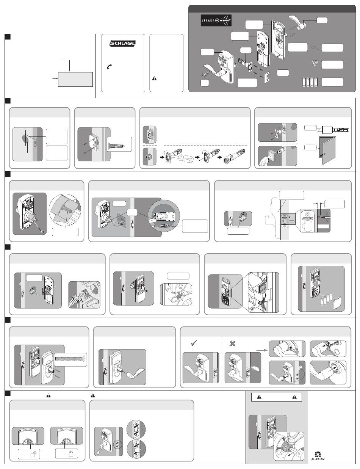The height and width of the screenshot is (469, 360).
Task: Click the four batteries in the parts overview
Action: pyautogui.click(x=309, y=83)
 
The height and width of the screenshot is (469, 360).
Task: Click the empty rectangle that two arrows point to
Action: pyautogui.click(x=75, y=79)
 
